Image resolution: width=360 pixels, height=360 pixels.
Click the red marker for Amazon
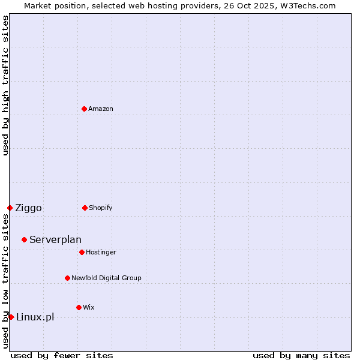click(84, 109)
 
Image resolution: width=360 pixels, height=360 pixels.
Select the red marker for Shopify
click(85, 208)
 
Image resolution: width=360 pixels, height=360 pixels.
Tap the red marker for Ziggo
click(10, 208)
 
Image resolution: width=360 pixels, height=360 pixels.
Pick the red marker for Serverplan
click(24, 239)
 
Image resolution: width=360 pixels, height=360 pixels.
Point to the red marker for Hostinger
click(82, 252)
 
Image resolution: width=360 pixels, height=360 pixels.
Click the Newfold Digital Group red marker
click(67, 278)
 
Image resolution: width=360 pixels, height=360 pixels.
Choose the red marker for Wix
click(79, 307)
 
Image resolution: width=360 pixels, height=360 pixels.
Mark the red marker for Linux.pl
click(11, 317)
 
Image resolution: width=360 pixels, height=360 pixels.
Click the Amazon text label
click(101, 109)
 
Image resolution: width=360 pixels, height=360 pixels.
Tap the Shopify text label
click(101, 208)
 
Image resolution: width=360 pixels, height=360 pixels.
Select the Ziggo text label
click(28, 208)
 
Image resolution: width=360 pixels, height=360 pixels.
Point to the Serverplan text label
click(55, 240)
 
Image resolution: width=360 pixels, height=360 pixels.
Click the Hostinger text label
click(101, 252)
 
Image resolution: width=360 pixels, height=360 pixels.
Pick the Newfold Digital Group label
click(106, 278)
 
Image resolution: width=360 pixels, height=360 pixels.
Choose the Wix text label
click(89, 307)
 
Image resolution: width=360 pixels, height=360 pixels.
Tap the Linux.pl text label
click(35, 317)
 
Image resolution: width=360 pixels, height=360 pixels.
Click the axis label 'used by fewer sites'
click(62, 355)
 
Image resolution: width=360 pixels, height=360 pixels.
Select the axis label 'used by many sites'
click(301, 355)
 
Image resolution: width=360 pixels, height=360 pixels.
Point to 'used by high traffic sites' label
click(5, 85)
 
